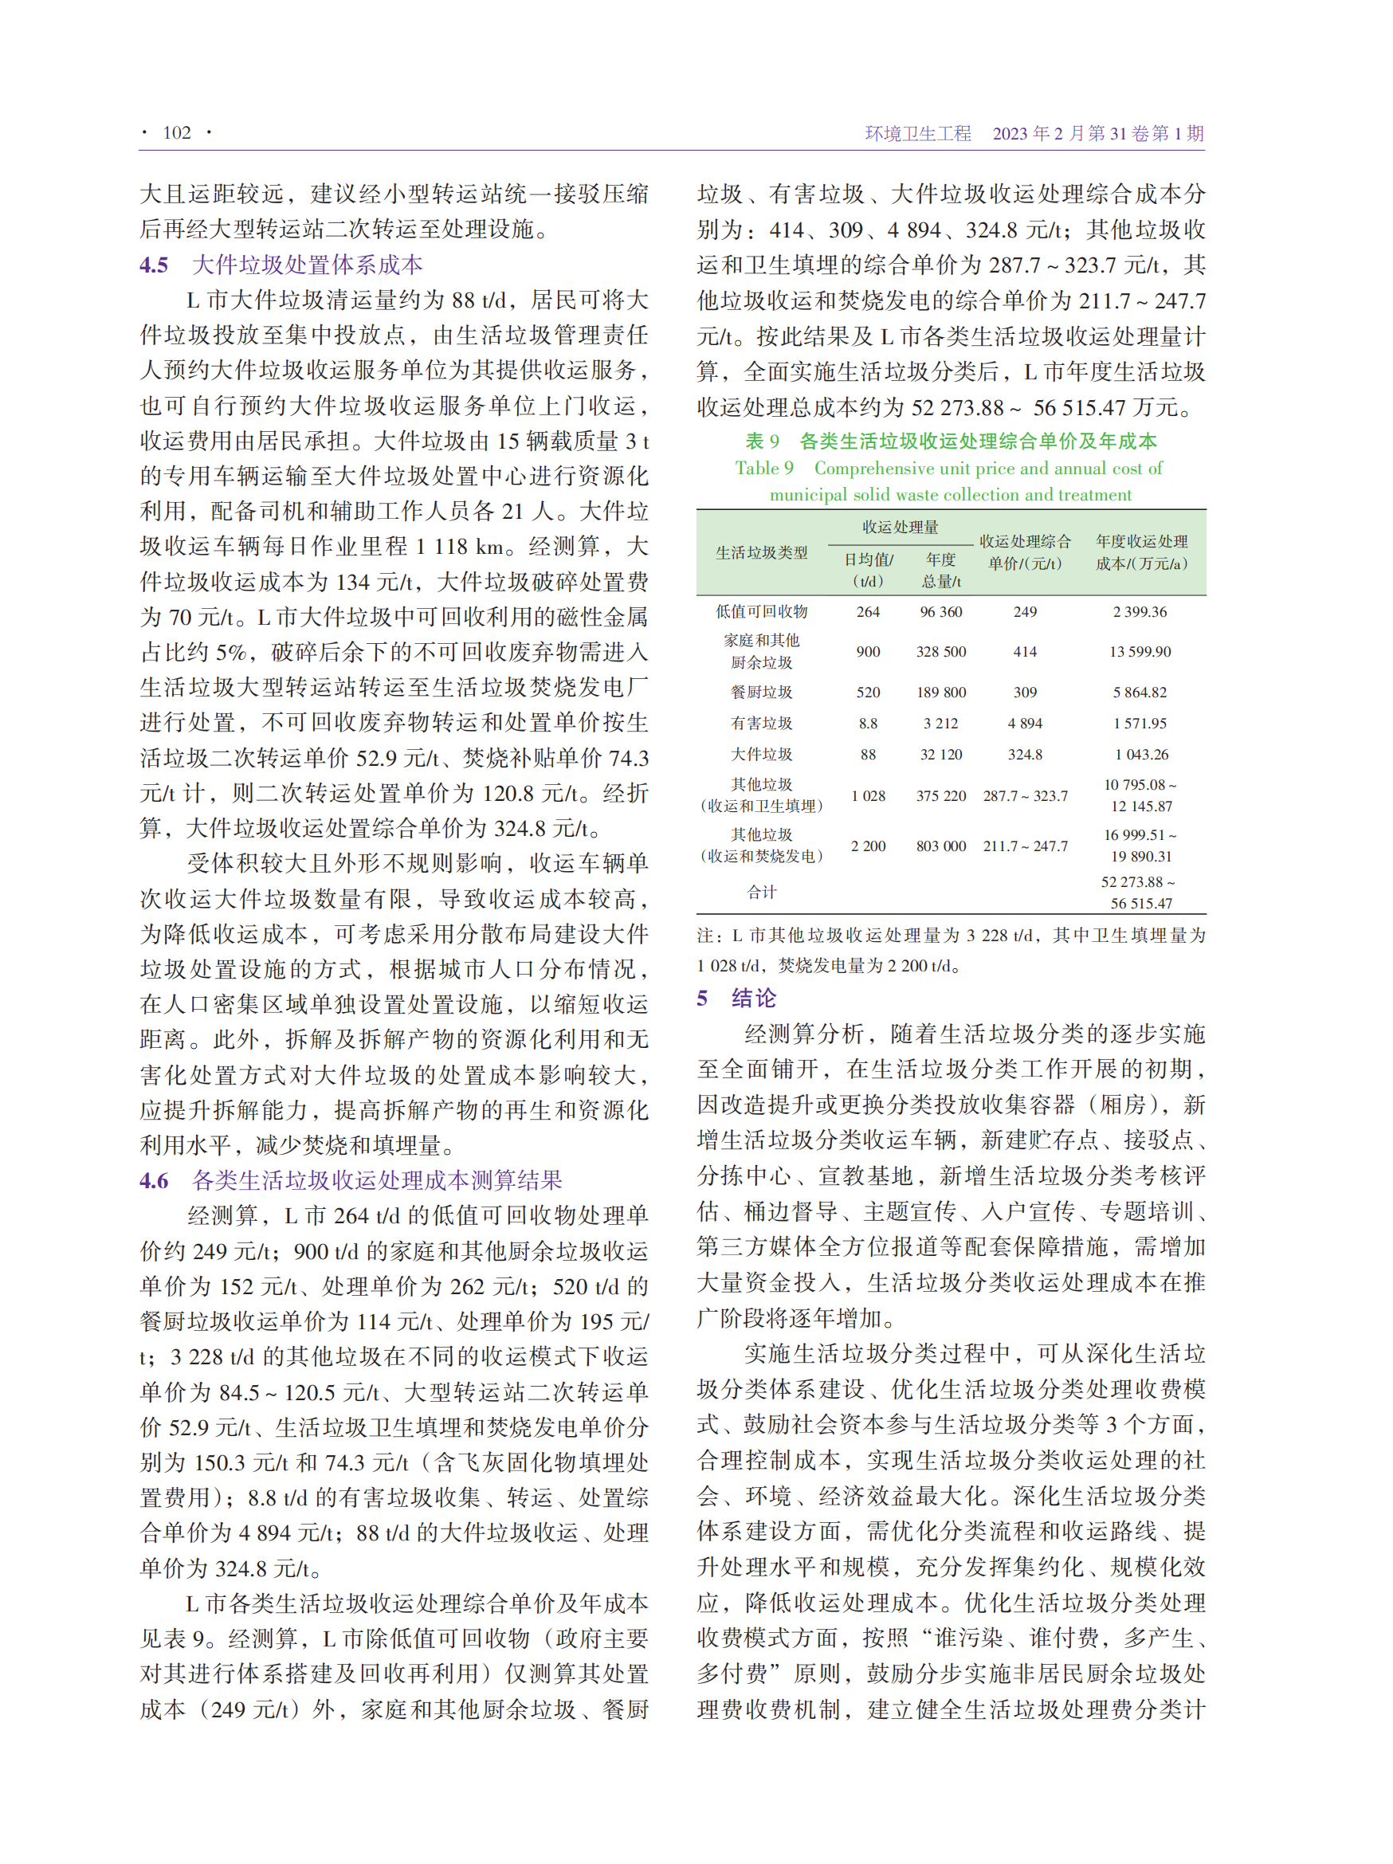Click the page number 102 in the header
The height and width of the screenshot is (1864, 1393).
click(176, 132)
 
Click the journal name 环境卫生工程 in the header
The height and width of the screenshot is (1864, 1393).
click(917, 133)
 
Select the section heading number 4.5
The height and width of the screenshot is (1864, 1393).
click(155, 265)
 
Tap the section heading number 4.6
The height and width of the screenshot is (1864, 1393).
click(155, 1179)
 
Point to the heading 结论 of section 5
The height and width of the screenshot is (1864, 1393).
click(753, 999)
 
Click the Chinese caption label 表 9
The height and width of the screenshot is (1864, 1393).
click(762, 441)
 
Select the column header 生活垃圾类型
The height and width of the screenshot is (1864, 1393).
click(761, 553)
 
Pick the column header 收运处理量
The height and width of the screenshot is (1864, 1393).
click(900, 527)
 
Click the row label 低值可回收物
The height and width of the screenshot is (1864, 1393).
click(761, 612)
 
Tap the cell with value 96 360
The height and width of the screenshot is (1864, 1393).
click(940, 612)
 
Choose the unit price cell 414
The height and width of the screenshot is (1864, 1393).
click(1025, 651)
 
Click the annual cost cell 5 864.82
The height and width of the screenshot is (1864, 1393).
click(1140, 692)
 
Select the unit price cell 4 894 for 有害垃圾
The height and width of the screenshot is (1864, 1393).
click(1025, 723)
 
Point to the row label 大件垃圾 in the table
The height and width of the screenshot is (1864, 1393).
click(761, 754)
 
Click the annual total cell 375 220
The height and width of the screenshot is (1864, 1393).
click(940, 795)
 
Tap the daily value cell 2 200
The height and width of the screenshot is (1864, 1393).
click(868, 846)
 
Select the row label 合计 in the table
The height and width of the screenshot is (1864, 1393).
click(761, 893)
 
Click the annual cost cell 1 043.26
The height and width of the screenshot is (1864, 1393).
click(1141, 754)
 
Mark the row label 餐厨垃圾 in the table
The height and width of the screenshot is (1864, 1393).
click(761, 692)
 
